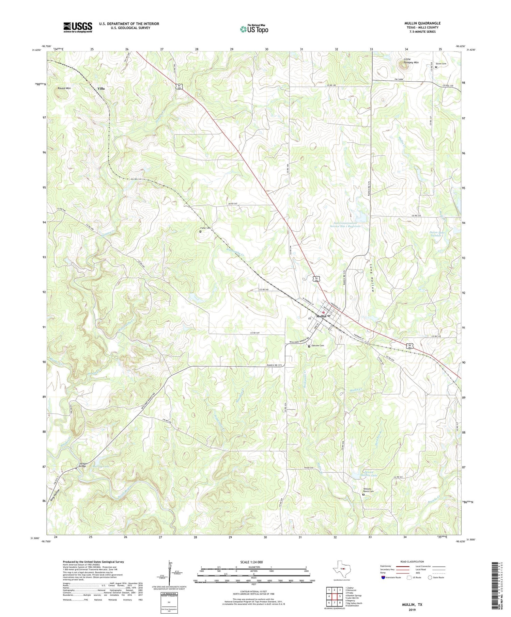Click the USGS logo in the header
click(x=78, y=27)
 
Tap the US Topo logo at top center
click(x=254, y=29)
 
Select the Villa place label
click(x=101, y=88)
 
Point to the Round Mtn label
click(x=64, y=88)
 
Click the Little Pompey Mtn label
click(x=411, y=61)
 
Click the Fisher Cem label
click(x=205, y=228)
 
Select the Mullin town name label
click(x=321, y=316)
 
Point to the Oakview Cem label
click(x=318, y=346)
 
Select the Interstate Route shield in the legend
click(x=384, y=578)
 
